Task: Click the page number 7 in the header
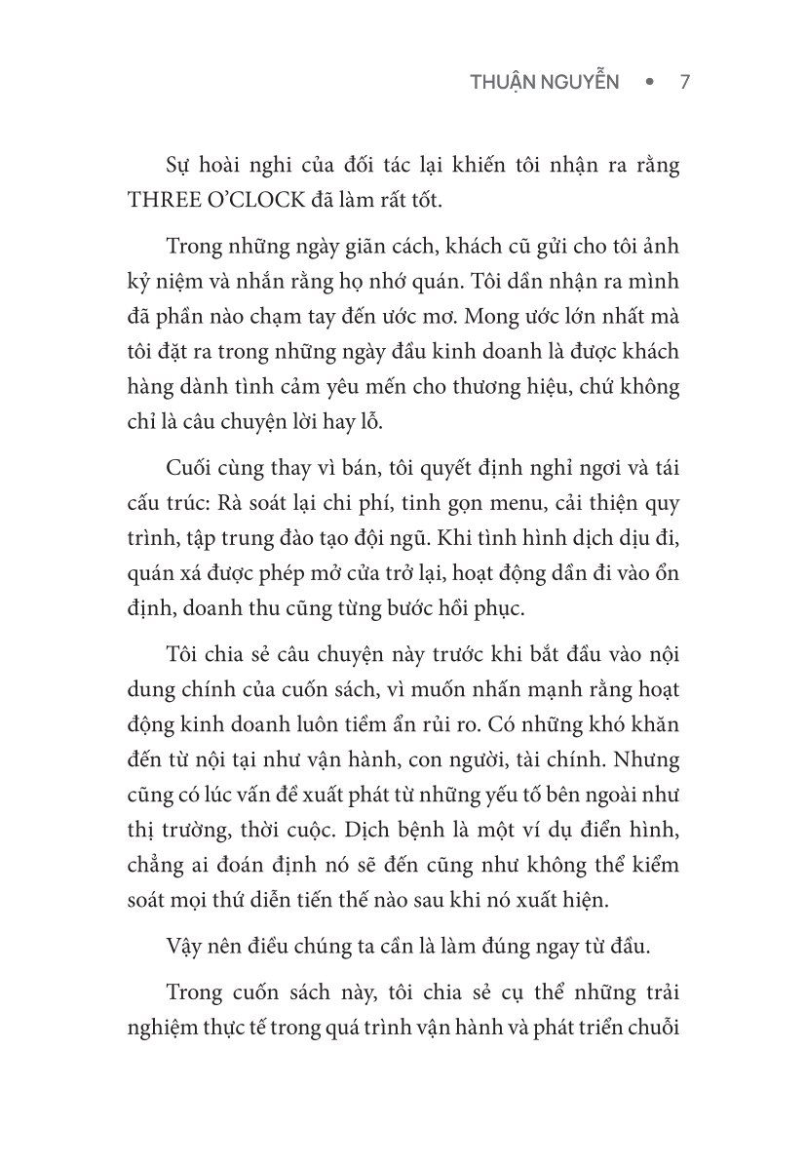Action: (684, 82)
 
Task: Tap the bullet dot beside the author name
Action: (648, 83)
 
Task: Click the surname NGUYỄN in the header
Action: (584, 82)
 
